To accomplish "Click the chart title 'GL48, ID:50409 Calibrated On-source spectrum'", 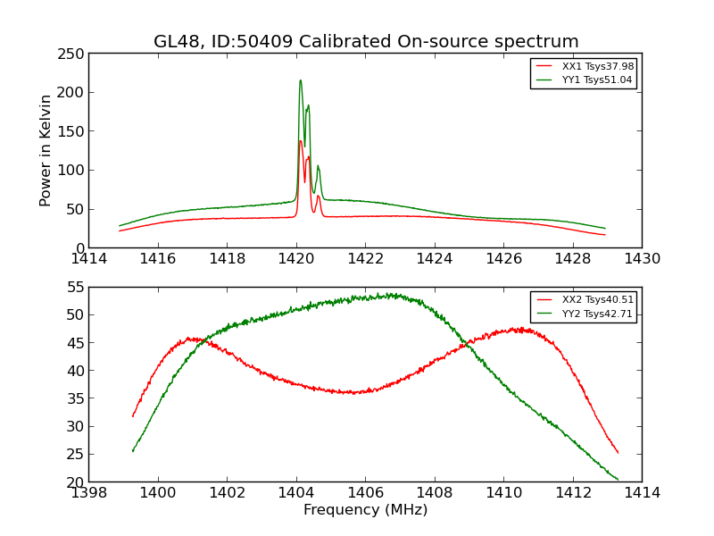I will click(366, 42).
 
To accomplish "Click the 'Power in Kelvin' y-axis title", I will click(46, 150).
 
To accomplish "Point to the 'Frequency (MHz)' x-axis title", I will click(365, 510).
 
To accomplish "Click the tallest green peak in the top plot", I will click(300, 80).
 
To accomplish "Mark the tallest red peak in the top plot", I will click(300, 141).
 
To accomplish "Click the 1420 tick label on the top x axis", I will click(296, 258).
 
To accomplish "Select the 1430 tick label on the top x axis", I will click(642, 258).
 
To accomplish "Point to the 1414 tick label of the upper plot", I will click(88, 258).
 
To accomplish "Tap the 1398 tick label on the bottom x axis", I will click(88, 492).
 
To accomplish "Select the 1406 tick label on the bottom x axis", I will click(365, 492).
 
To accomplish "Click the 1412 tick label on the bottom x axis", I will click(572, 492).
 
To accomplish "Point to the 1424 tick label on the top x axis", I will click(435, 258).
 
